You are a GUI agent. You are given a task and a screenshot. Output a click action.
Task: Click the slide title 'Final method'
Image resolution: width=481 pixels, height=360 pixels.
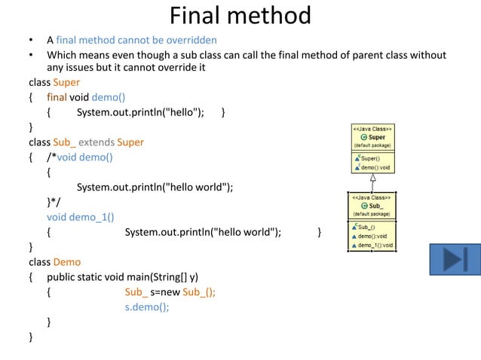click(240, 15)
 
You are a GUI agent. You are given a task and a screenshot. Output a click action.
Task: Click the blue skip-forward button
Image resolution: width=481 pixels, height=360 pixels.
click(455, 258)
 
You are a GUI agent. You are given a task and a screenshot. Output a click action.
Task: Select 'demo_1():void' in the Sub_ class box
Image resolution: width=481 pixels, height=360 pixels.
click(375, 245)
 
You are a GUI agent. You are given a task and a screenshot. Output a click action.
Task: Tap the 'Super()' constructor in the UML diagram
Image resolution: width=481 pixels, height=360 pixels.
click(370, 158)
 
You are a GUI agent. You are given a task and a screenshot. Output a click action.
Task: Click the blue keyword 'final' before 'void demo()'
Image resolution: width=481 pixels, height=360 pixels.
click(57, 97)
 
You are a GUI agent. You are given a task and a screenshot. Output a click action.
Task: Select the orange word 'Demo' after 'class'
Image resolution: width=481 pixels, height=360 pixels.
click(67, 262)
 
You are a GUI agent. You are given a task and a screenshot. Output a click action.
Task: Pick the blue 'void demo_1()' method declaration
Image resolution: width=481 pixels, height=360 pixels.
click(80, 217)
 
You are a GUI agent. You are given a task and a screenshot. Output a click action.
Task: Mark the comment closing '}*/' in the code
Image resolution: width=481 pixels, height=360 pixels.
click(56, 202)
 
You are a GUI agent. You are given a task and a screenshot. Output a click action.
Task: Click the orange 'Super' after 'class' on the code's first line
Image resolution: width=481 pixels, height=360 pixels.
click(66, 82)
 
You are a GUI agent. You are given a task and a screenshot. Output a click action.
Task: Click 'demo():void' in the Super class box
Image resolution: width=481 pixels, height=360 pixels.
click(375, 167)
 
